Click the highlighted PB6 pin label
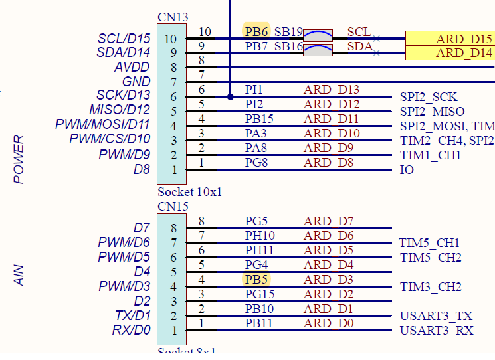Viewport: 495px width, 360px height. [256, 31]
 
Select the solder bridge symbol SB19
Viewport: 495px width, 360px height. [318, 34]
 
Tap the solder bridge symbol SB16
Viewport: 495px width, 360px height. [318, 49]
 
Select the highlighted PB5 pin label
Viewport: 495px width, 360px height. [256, 280]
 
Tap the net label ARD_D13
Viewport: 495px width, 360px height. [332, 90]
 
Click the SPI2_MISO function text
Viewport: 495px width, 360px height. [432, 112]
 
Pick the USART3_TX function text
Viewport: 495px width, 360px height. [436, 316]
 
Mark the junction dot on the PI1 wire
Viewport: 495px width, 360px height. [230, 96]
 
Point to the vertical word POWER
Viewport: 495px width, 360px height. [19, 159]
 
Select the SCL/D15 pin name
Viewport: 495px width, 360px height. [124, 39]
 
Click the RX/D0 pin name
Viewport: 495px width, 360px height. [132, 330]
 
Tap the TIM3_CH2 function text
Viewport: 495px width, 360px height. [430, 287]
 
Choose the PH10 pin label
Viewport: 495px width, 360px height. [260, 236]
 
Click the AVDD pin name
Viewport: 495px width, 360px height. [132, 67]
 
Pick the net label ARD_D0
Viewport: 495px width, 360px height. [329, 323]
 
